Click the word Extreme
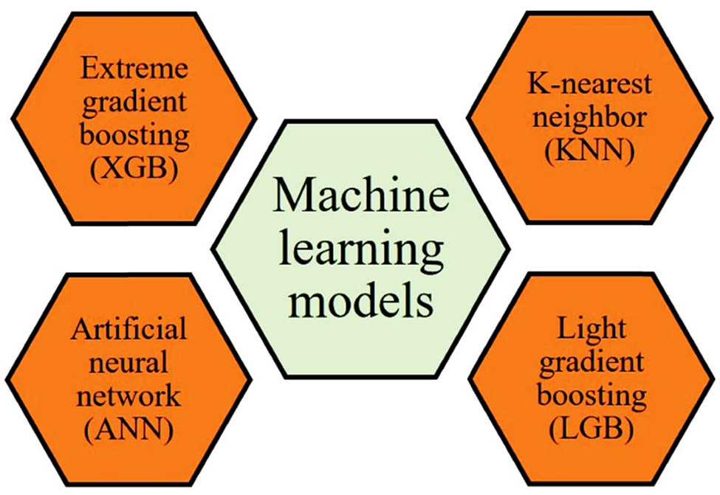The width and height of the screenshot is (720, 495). coord(135,72)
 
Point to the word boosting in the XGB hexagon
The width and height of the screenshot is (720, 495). coord(135,136)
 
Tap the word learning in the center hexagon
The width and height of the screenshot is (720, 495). coord(362,252)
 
